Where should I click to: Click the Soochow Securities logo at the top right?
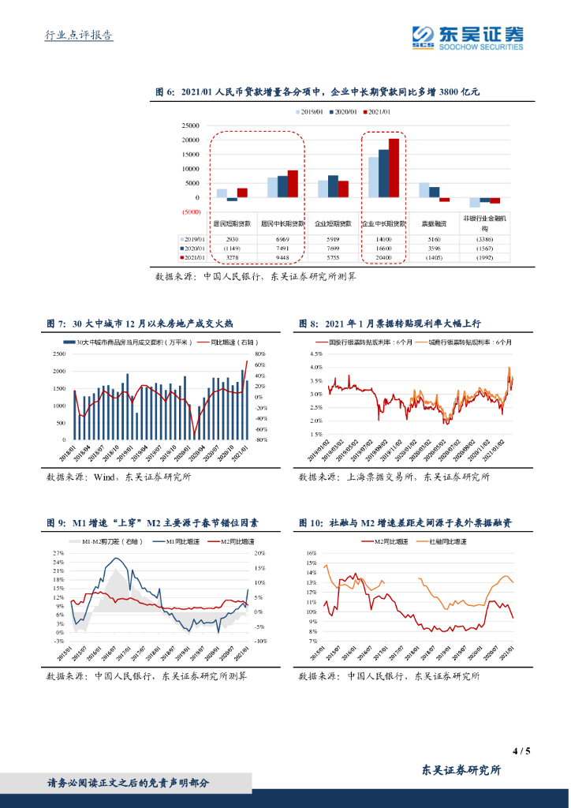point(468,36)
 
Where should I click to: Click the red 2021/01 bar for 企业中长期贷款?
point(394,168)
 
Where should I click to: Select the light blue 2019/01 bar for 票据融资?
point(424,189)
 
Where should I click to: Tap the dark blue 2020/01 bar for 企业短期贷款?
point(333,186)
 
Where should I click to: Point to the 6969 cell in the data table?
point(282,238)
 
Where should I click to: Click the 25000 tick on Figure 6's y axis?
point(189,125)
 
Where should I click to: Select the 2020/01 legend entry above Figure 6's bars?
point(347,112)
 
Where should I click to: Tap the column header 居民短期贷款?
point(233,224)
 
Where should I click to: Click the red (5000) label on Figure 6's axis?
point(190,212)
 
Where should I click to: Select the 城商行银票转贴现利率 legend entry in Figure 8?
point(465,342)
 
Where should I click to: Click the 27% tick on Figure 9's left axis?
point(59,552)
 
